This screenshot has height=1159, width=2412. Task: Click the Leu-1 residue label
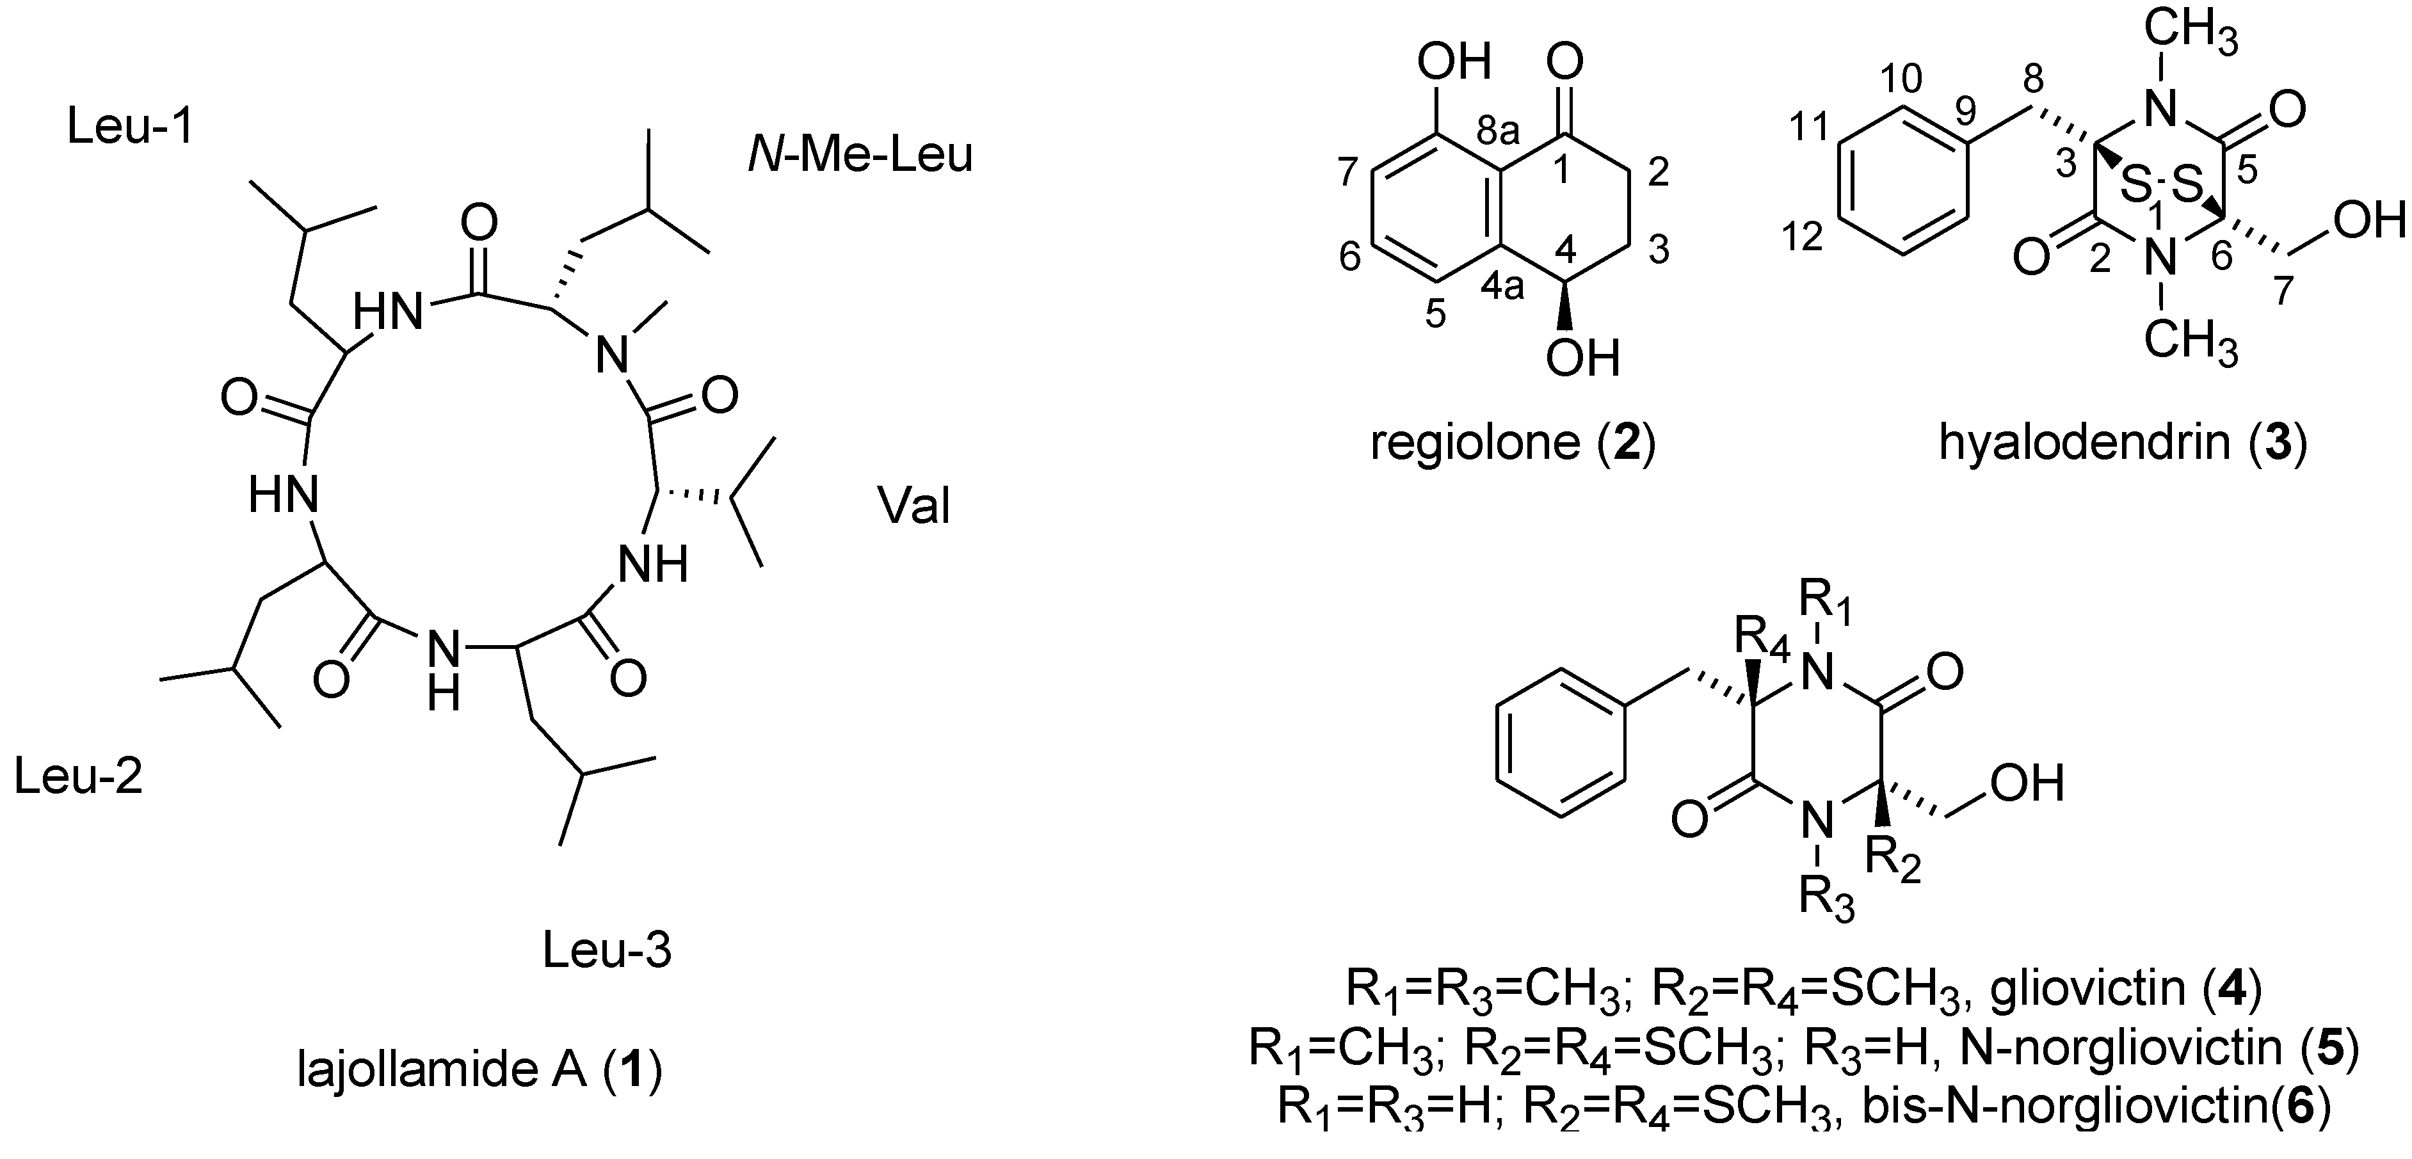coord(130,126)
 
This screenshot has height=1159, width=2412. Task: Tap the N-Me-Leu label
coord(860,156)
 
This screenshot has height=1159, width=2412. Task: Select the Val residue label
coord(914,506)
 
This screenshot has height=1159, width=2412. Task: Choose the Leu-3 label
coord(607,951)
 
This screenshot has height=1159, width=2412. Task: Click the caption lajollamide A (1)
coord(479,1071)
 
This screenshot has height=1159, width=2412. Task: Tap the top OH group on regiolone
coord(1453,62)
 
